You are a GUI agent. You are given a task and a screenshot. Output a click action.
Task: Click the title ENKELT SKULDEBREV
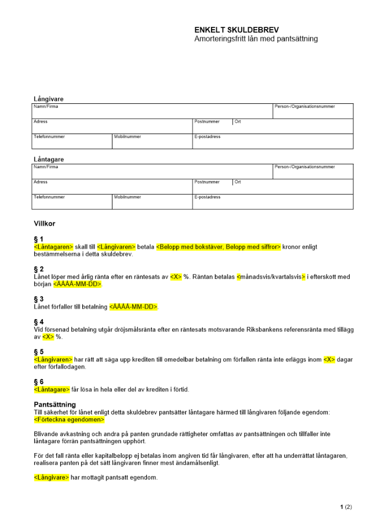point(237,30)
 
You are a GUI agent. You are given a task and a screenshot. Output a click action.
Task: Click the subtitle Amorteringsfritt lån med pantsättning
point(256,39)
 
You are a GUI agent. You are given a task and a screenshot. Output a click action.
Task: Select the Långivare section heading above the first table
point(49,99)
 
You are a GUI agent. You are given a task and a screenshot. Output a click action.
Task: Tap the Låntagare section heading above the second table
point(49,160)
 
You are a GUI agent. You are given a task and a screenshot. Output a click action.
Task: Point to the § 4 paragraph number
point(38,322)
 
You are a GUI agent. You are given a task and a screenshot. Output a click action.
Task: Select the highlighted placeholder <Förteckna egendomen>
point(69,420)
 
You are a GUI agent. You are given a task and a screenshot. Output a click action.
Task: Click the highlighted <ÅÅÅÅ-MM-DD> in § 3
point(134,307)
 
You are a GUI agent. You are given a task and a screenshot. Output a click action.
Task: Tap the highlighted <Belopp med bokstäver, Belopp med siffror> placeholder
point(218,247)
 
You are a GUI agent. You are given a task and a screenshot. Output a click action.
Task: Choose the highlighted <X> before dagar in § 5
point(329,359)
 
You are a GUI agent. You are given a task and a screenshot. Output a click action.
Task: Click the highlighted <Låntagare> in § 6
point(51,390)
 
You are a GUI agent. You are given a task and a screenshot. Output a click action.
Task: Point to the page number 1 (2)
point(346,507)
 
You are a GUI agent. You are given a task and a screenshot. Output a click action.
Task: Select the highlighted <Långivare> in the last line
point(51,478)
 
